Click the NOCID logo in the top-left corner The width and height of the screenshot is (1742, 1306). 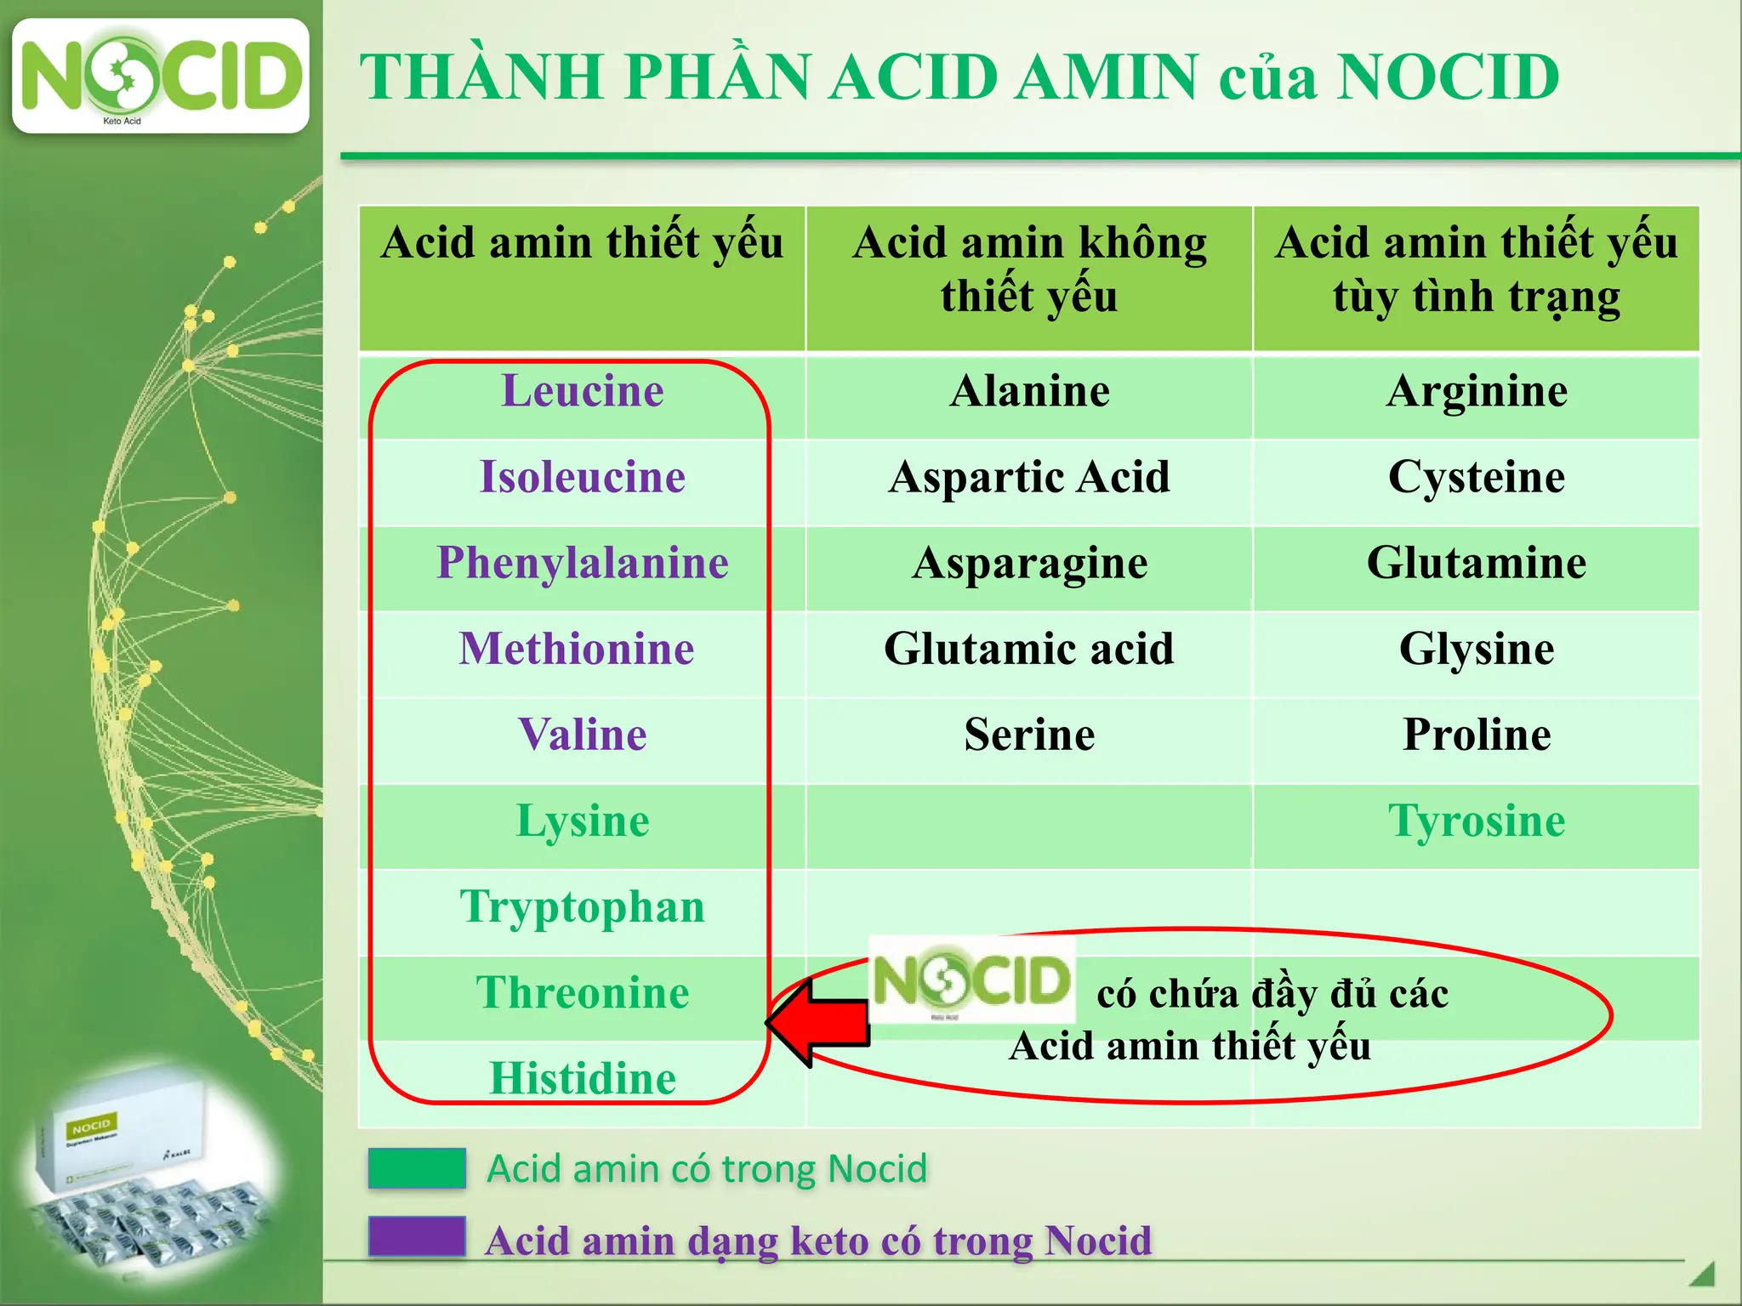pos(161,77)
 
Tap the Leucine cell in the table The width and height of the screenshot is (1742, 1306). pos(583,392)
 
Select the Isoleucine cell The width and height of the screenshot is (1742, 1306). pos(583,477)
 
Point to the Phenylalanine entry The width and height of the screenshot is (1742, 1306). pos(583,564)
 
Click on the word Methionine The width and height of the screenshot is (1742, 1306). pos(577,649)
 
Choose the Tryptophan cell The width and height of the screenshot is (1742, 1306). pos(583,907)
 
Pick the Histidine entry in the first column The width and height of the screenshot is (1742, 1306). pos(583,1078)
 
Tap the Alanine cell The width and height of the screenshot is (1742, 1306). pos(1029,392)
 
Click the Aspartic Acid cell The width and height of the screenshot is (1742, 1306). pos(1029,477)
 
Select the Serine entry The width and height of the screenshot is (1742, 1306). pos(1029,735)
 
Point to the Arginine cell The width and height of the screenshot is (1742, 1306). pos(1477,392)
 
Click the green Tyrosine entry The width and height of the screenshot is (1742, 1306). pos(1477,821)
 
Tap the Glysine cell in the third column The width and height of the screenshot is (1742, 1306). pos(1477,649)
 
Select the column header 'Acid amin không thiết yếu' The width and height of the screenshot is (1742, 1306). pos(1029,270)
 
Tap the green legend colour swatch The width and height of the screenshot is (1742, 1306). pos(417,1168)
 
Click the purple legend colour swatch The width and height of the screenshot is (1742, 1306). pos(417,1236)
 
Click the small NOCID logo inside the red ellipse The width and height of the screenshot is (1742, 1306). pos(971,979)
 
